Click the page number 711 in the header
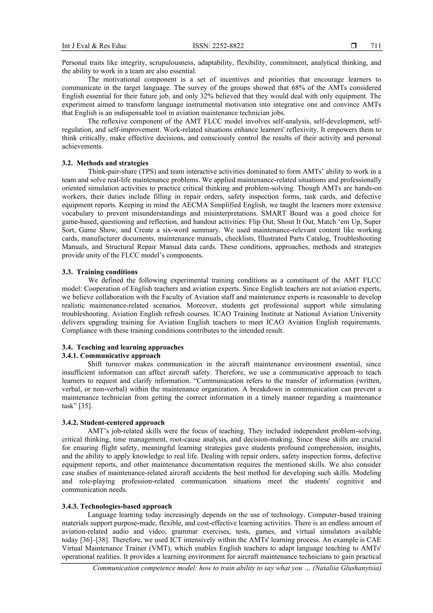pyautogui.click(x=376, y=46)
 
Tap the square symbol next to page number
pyautogui.click(x=354, y=46)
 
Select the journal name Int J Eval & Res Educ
pyautogui.click(x=94, y=46)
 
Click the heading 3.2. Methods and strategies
pyautogui.click(x=105, y=163)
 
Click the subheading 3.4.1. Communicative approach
pyautogui.click(x=111, y=356)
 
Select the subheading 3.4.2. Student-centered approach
pyautogui.click(x=113, y=422)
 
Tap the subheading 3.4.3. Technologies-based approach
pyautogui.click(x=117, y=506)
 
